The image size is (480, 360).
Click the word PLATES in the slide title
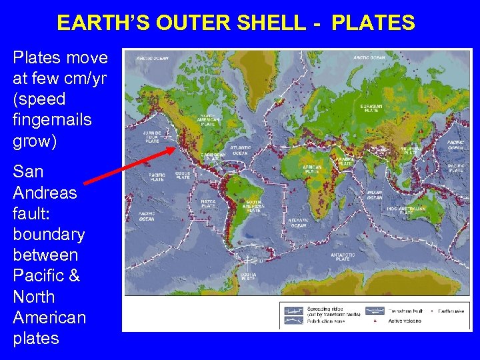(373, 23)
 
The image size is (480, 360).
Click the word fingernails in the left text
(52, 121)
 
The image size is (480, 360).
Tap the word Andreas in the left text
(45, 193)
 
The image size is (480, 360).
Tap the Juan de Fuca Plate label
(153, 137)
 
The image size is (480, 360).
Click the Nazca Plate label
(209, 204)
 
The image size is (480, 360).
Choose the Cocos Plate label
(183, 175)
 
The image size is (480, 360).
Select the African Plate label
(312, 169)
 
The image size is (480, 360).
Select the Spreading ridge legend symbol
(293, 310)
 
